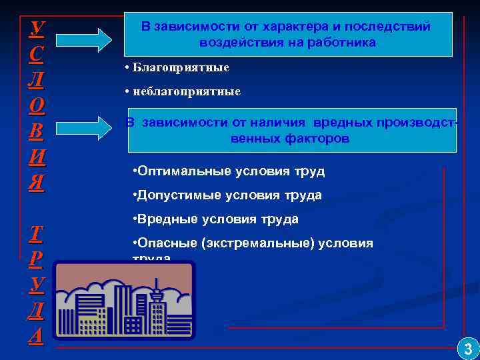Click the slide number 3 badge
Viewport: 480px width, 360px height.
click(x=467, y=348)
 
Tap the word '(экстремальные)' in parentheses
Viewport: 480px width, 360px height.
click(x=265, y=243)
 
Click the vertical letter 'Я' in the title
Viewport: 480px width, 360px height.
click(x=37, y=182)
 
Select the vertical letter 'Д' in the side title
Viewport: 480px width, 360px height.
click(x=37, y=310)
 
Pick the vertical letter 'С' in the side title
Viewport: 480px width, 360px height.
click(x=37, y=54)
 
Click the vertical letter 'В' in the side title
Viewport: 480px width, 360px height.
click(x=37, y=130)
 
